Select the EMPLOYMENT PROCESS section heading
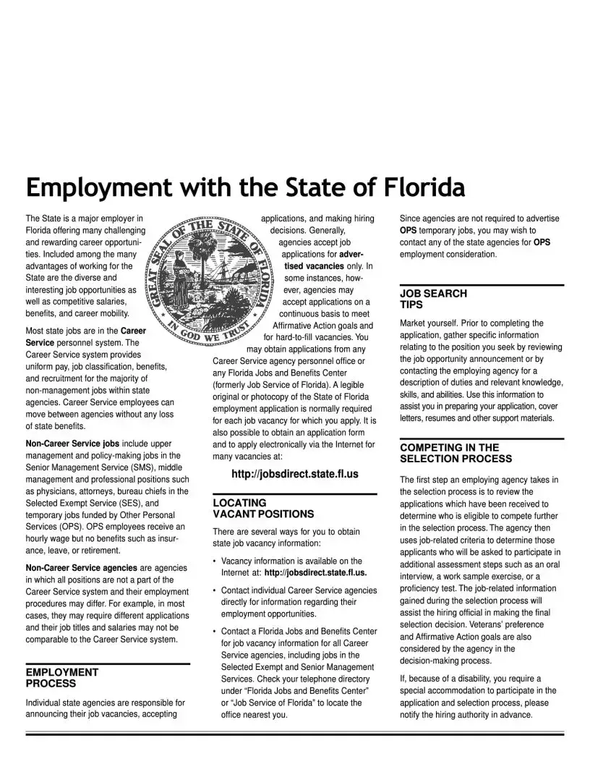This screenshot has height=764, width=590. tap(62, 677)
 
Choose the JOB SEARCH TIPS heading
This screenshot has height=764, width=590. tap(433, 299)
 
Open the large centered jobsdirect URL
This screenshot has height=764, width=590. tap(294, 475)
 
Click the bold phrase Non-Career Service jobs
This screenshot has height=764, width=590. tap(72, 443)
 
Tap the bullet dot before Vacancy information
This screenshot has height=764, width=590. tap(215, 561)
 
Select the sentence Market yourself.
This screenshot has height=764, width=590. tap(431, 323)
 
